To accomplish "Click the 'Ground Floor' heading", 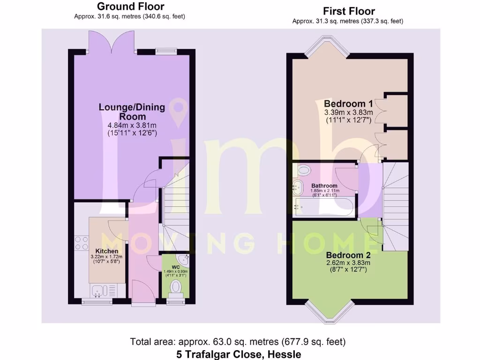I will point(130,7).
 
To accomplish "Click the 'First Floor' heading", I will point(349,11).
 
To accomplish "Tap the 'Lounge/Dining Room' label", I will point(132,112).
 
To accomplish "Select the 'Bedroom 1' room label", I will point(348,103).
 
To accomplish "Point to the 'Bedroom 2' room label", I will point(348,255).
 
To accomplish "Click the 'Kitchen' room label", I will point(107,251).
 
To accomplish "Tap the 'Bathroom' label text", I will point(324,186).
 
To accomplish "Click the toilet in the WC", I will point(176,287).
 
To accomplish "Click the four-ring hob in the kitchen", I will point(82,242).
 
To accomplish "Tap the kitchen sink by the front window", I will point(99,291).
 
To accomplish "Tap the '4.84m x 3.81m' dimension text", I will point(132,125).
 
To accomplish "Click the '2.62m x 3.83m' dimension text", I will point(348,263).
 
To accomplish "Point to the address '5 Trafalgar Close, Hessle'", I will point(239,354).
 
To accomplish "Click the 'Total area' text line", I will point(238,342).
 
